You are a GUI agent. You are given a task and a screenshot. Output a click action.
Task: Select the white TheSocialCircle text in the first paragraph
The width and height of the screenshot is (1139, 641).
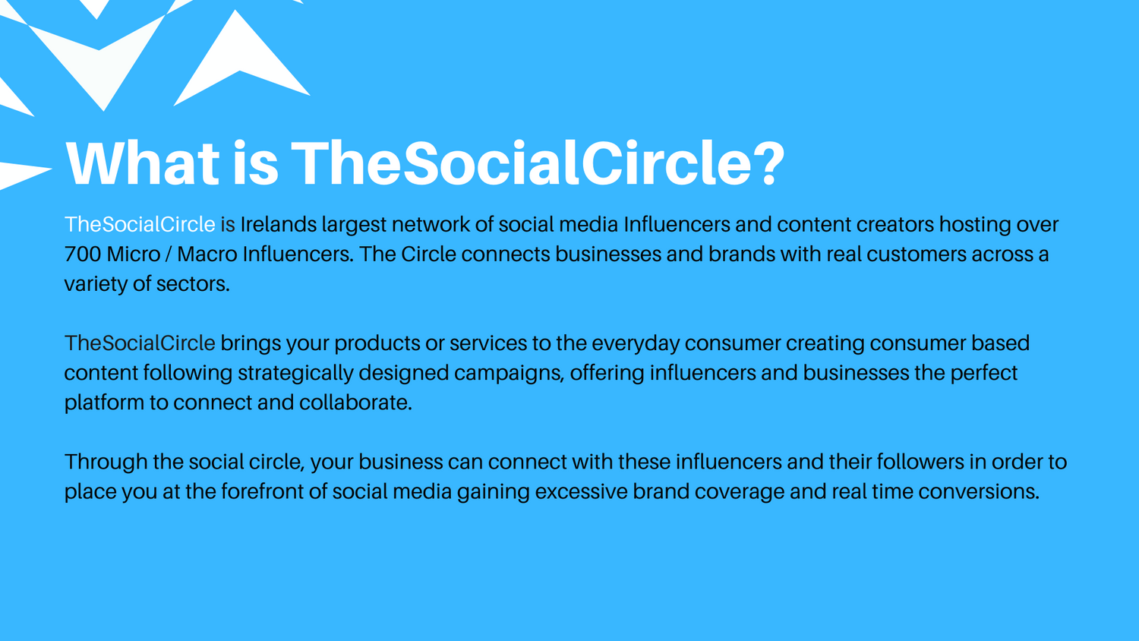[140, 224]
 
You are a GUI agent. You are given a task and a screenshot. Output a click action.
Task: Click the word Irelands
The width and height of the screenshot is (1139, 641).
[279, 224]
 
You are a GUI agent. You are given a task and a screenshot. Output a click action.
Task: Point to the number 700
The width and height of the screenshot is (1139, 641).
[83, 254]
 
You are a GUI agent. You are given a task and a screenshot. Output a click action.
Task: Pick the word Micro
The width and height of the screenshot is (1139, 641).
[134, 254]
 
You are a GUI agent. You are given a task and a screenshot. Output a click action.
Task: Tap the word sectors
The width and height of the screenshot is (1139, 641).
[193, 284]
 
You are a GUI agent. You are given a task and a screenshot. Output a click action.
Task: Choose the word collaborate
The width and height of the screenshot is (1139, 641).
[355, 403]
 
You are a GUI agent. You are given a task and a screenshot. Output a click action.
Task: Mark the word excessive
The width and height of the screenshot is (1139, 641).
[581, 491]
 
